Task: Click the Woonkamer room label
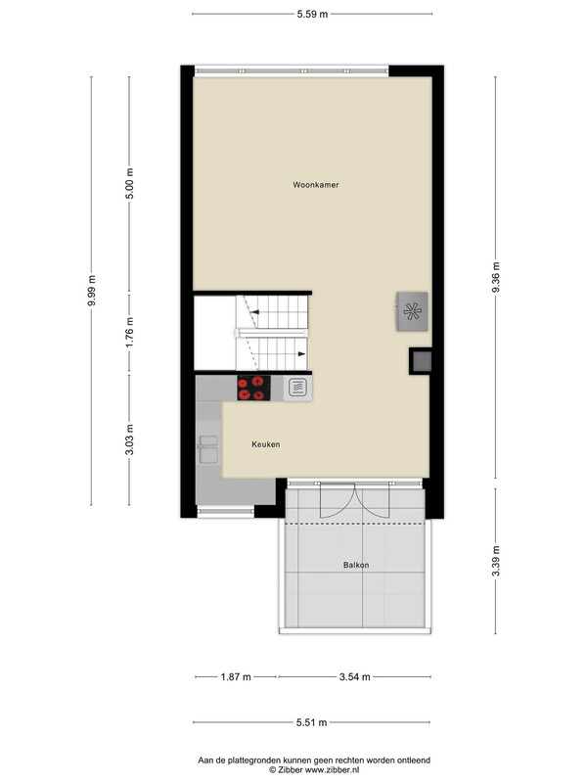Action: (315, 185)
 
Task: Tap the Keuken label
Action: (265, 444)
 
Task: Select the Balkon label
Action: (356, 565)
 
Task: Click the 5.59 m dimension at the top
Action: (312, 14)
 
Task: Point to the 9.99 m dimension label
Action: (91, 291)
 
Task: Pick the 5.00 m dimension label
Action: (129, 183)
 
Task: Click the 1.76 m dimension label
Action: (129, 333)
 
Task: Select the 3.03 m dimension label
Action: (129, 439)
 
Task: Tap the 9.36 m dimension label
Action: (496, 278)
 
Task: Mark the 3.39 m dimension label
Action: (496, 561)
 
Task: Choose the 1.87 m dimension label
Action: (236, 677)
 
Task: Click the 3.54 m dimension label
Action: (354, 677)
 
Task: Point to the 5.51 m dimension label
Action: (311, 722)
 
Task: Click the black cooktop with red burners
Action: (253, 388)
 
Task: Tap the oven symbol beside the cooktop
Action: (298, 388)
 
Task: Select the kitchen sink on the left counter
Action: (208, 449)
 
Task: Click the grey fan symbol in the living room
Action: (412, 311)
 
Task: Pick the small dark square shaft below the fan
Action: (422, 361)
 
